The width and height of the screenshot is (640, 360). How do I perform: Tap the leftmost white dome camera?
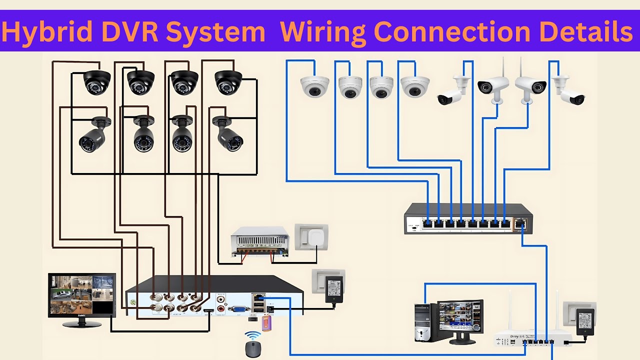click(314, 86)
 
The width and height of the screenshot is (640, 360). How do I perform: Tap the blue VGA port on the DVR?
click(239, 309)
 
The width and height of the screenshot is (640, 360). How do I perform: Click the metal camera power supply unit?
click(259, 241)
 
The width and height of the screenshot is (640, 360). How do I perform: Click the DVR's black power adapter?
click(333, 289)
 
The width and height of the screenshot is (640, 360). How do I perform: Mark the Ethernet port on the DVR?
click(258, 299)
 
